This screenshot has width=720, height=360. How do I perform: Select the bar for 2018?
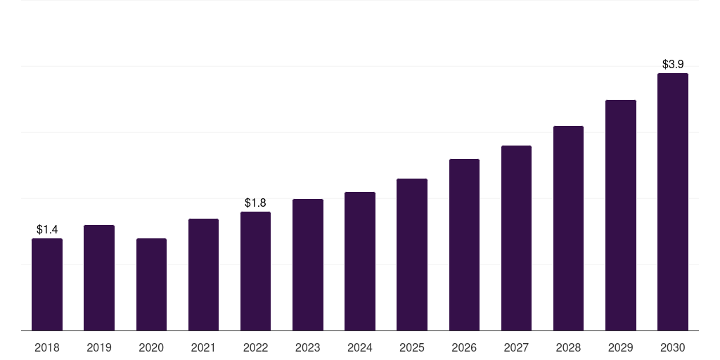(47, 285)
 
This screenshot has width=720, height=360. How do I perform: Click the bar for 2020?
(152, 285)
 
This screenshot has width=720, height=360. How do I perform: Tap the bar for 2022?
(255, 271)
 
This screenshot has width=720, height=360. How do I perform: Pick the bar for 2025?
(412, 255)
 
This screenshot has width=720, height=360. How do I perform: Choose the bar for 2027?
(516, 238)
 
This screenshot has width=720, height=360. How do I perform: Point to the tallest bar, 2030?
(673, 202)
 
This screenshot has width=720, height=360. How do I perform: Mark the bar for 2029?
(621, 215)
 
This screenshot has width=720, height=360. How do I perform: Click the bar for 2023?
(308, 265)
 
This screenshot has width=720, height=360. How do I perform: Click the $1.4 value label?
(47, 229)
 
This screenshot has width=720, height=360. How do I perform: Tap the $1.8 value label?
(255, 202)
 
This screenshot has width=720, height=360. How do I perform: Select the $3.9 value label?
(673, 64)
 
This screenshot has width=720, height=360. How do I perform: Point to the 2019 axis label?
(99, 347)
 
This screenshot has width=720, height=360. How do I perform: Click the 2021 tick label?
(203, 347)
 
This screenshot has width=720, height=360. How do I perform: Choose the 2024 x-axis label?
(360, 347)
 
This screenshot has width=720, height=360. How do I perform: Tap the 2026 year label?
(464, 347)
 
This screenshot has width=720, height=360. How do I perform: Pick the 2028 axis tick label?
(568, 347)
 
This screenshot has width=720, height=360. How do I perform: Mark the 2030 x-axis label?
(673, 347)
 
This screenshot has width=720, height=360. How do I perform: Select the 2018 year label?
(47, 347)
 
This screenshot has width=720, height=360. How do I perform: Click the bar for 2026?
(464, 245)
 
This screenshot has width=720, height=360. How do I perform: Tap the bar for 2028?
(568, 229)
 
